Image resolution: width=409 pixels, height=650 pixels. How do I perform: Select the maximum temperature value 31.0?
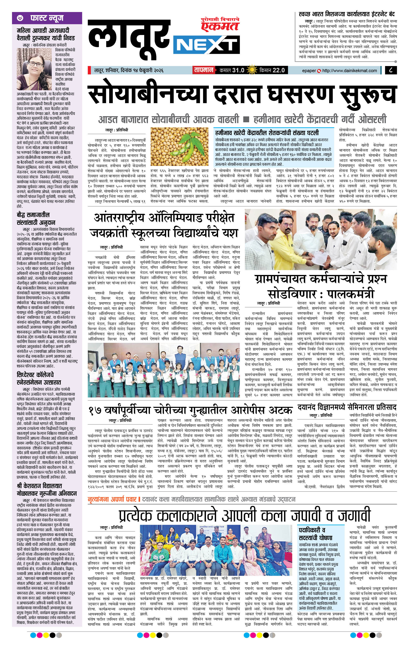tap(238, 70)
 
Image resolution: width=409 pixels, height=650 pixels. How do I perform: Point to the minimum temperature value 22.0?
tap(278, 70)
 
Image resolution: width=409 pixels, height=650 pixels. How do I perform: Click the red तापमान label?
tap(203, 70)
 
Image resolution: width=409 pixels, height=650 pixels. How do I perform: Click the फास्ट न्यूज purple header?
tap(47, 18)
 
